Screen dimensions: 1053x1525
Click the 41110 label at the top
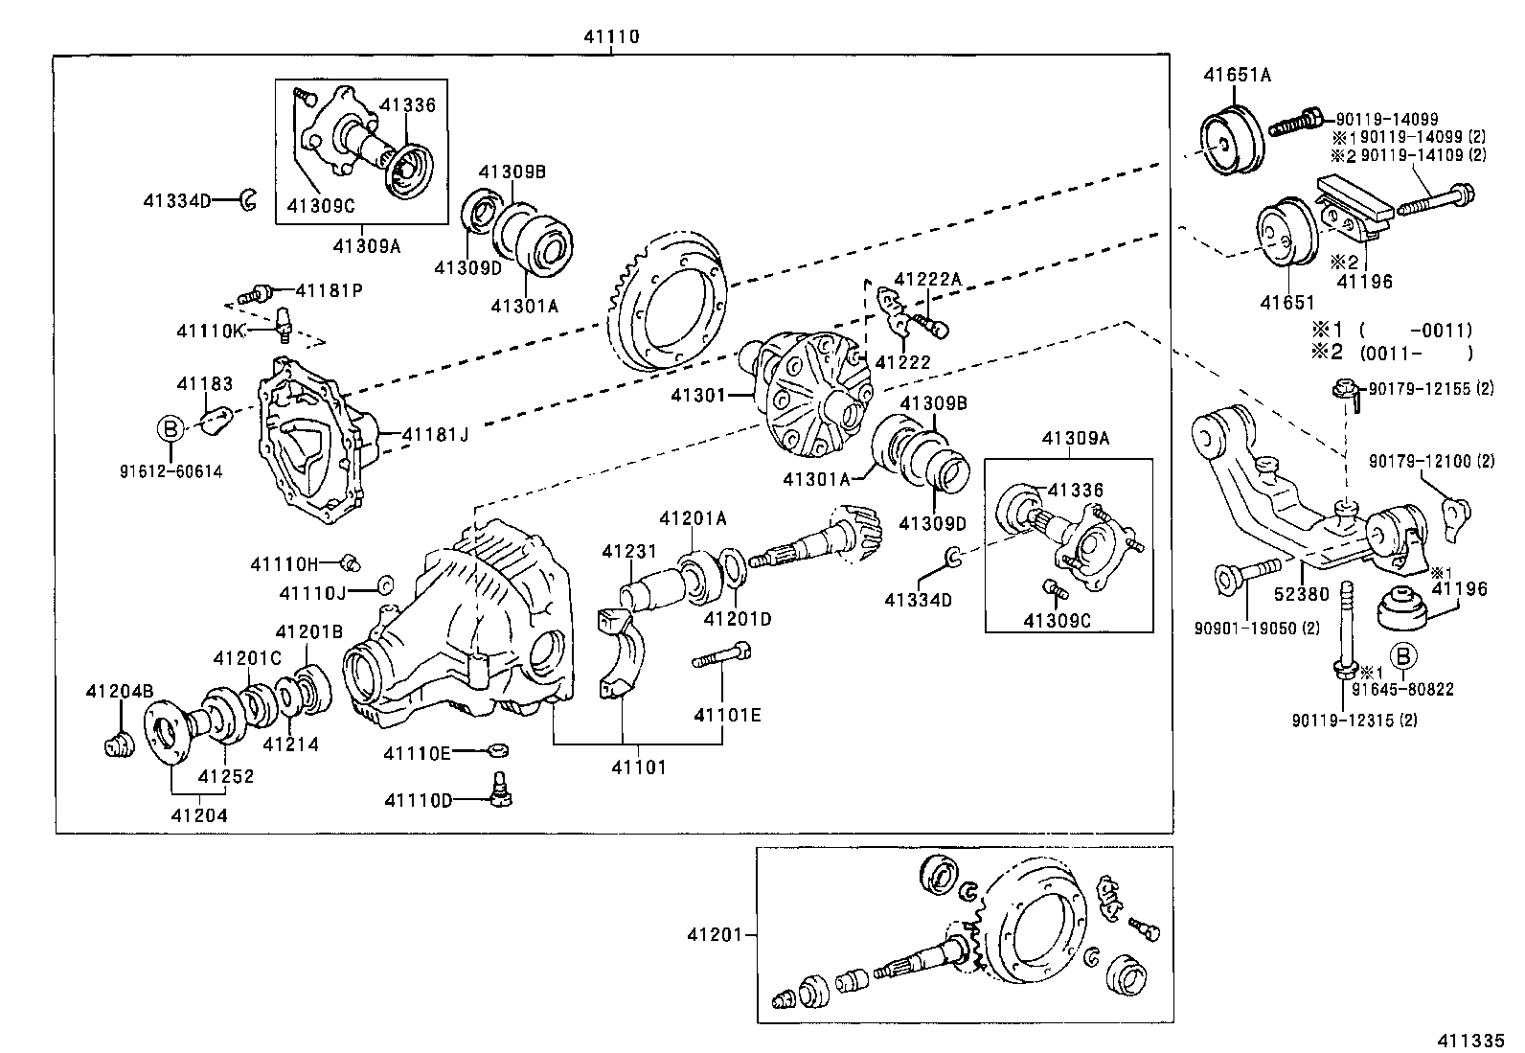tap(611, 37)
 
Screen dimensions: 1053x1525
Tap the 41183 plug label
tap(204, 384)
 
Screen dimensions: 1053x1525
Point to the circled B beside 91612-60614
tap(170, 428)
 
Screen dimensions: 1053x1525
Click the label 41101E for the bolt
tap(727, 714)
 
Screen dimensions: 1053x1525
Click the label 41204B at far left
tap(119, 691)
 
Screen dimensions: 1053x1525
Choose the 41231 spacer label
tap(629, 552)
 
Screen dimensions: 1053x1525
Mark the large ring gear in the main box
tap(668, 300)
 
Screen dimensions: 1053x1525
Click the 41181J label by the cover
tap(435, 434)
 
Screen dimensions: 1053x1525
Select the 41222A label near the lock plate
tap(926, 278)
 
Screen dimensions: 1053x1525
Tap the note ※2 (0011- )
tap(1392, 352)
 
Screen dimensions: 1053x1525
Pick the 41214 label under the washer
tap(290, 744)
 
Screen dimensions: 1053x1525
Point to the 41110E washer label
tap(417, 752)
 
